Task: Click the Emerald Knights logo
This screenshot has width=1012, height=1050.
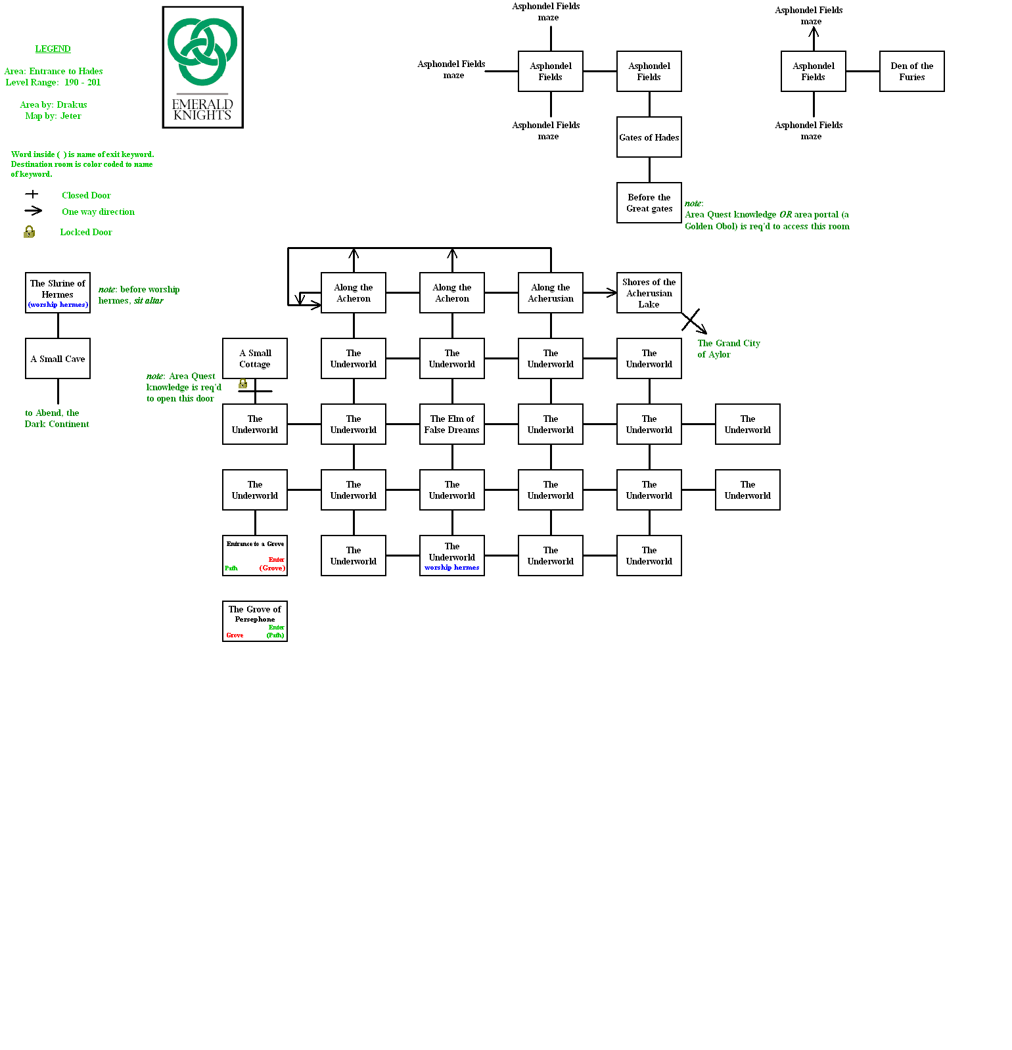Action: click(202, 67)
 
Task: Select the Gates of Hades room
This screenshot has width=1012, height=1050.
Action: click(649, 137)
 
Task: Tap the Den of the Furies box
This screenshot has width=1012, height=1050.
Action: click(911, 72)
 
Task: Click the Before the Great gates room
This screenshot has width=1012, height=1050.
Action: click(649, 203)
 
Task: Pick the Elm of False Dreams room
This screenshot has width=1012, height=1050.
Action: click(451, 424)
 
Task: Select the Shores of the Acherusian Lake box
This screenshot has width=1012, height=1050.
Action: click(649, 293)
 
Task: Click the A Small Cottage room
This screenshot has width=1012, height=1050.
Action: click(254, 359)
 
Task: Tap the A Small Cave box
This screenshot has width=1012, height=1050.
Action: click(58, 359)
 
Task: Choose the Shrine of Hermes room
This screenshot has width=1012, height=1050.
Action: click(58, 293)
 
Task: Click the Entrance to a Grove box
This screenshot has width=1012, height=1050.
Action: click(254, 556)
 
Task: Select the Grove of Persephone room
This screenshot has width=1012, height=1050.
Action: click(254, 622)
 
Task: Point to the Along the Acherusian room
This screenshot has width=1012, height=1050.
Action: click(550, 293)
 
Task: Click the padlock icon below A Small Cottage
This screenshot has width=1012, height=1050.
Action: click(242, 383)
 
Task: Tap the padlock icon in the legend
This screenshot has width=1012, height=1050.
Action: click(29, 232)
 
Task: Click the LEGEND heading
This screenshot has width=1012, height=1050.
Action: click(53, 49)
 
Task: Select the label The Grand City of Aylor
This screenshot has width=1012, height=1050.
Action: click(728, 349)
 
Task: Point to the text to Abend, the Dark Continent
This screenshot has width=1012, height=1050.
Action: click(57, 419)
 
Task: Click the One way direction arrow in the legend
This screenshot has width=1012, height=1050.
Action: click(33, 211)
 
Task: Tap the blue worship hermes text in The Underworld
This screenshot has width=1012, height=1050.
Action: click(451, 568)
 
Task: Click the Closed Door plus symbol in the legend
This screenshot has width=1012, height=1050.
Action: click(32, 194)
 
